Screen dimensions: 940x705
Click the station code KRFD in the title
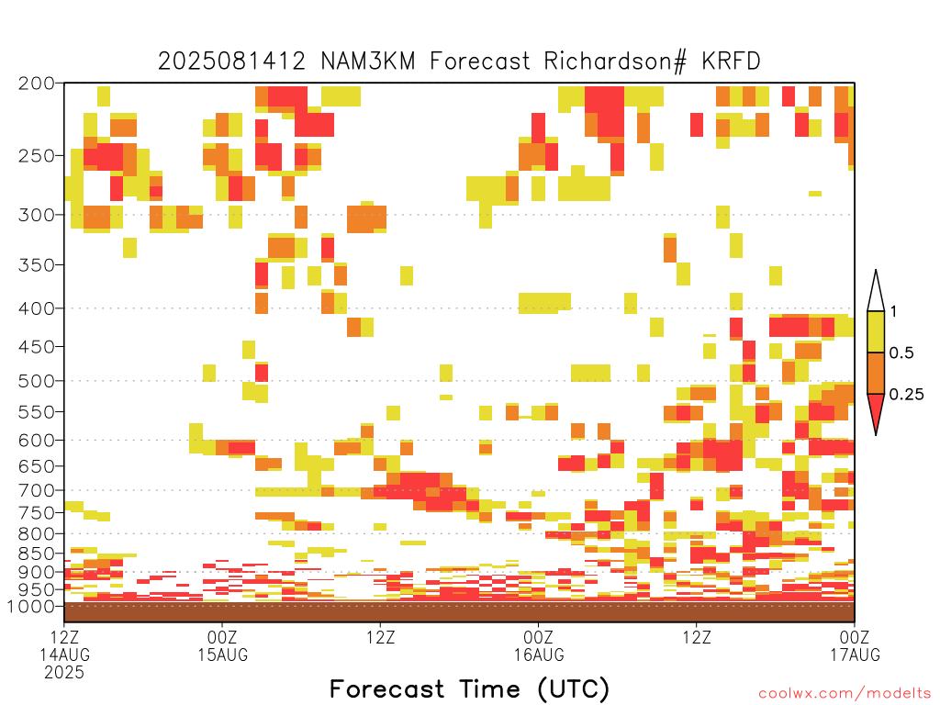(x=731, y=62)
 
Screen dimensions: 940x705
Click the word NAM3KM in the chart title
(x=368, y=62)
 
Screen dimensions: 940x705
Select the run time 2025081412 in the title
(x=232, y=62)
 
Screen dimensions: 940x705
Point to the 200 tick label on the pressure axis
(x=37, y=84)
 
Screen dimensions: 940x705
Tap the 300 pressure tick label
(x=37, y=215)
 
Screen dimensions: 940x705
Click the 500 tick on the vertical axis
(x=37, y=381)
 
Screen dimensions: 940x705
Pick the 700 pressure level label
(x=37, y=490)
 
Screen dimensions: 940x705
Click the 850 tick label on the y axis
(x=37, y=554)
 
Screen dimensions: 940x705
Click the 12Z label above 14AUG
(x=64, y=637)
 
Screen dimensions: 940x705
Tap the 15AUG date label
(x=223, y=655)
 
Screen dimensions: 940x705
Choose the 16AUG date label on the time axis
(x=539, y=655)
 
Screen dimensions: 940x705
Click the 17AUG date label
(x=855, y=655)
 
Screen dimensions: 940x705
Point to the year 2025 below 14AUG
(x=64, y=673)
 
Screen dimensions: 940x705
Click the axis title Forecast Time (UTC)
(x=469, y=688)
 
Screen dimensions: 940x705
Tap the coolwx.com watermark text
(x=845, y=694)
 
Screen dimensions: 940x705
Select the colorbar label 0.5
(x=901, y=353)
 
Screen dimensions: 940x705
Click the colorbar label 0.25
(x=906, y=395)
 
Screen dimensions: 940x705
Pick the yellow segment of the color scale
(x=876, y=331)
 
